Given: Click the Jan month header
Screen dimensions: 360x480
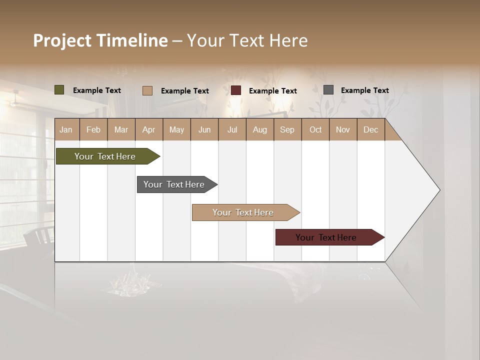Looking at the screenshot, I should (66, 129).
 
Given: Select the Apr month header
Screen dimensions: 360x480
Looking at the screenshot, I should (149, 129).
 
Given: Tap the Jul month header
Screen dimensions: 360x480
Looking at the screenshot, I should (232, 129).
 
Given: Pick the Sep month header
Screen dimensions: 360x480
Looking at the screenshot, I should (287, 129).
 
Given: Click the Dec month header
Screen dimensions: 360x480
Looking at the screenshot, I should (370, 129).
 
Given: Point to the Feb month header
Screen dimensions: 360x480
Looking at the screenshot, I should (93, 129).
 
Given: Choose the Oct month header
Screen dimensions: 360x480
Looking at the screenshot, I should (315, 129).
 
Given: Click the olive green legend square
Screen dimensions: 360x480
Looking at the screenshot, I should (59, 90).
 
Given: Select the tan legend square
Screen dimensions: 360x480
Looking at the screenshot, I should (147, 90).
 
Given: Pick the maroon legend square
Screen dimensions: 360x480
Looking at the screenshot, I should (236, 90).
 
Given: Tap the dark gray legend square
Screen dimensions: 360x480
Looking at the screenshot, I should (328, 90).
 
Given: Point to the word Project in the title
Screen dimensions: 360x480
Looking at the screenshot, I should (62, 40).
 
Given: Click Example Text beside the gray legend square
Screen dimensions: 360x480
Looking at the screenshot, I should (364, 90).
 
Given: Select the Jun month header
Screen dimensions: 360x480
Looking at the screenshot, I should (204, 129).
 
